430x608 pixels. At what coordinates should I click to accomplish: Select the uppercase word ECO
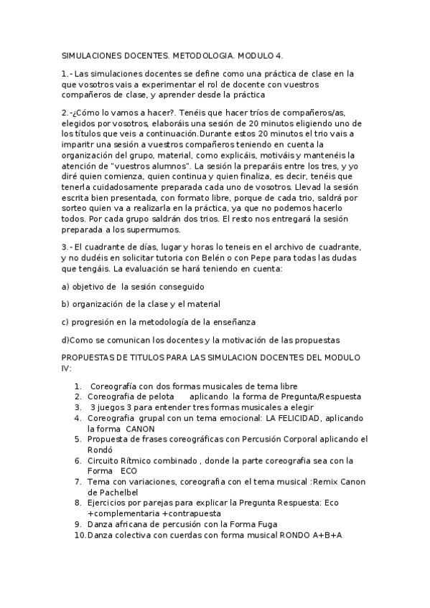click(129, 471)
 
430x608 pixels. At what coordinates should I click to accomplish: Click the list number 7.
click(77, 482)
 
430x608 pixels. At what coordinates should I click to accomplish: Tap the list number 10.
click(79, 535)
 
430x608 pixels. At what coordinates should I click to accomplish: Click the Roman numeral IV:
click(67, 367)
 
